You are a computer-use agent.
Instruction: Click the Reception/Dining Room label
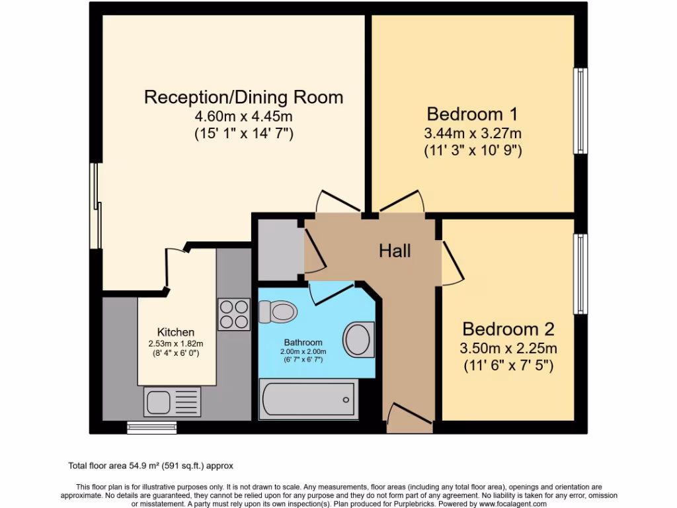[x=243, y=97]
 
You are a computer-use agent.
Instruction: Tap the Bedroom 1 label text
[x=472, y=113]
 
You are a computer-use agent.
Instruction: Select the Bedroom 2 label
[x=508, y=329]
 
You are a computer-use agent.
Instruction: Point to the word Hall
[x=395, y=251]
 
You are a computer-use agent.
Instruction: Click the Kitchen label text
[x=176, y=332]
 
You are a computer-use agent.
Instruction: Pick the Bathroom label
[x=303, y=342]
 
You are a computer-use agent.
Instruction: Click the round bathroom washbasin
[x=359, y=339]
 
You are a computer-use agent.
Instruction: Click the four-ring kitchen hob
[x=234, y=314]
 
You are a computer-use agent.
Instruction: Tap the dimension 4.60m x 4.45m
[x=243, y=116]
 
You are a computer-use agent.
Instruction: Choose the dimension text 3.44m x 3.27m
[x=472, y=133]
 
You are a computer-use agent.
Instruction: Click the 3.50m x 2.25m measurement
[x=508, y=349]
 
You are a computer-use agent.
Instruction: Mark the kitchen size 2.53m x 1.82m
[x=176, y=343]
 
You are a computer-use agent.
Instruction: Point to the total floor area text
[x=151, y=466]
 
